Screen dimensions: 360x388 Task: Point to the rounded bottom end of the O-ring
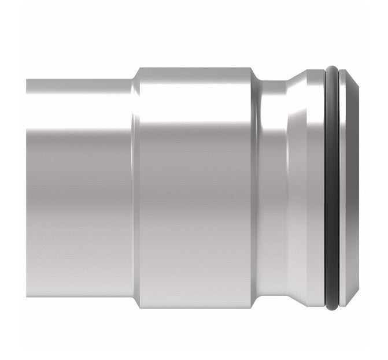coord(331,307)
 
